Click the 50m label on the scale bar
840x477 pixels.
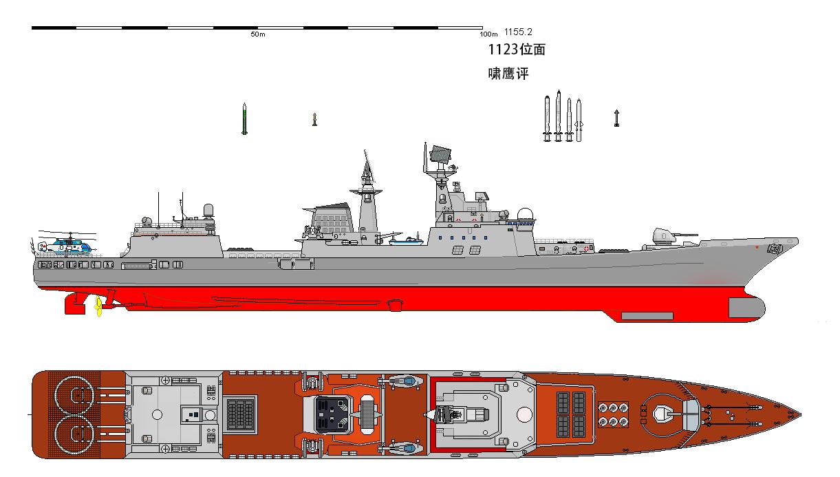tap(258, 34)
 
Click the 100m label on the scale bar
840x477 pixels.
tap(488, 34)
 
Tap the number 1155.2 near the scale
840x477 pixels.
tap(517, 32)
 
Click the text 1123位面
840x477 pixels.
tap(517, 50)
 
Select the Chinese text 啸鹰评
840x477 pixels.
tap(508, 73)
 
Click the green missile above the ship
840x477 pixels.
tap(244, 118)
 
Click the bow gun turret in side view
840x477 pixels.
tap(664, 237)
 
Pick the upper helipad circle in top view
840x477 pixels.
tap(76, 393)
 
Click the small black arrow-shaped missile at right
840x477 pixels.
tap(616, 118)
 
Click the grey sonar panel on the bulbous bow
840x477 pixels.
tap(647, 316)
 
